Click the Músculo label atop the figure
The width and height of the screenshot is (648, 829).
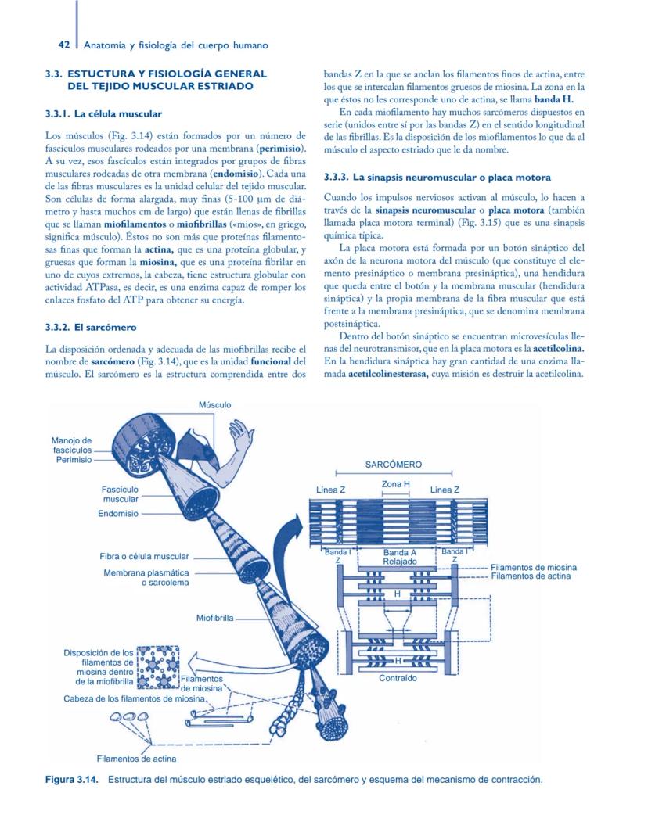point(214,404)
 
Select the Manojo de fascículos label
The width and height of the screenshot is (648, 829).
point(72,445)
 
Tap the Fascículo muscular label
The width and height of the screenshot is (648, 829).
point(120,493)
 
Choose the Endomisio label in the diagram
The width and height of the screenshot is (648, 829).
point(118,514)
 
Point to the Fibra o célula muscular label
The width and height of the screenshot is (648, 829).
point(144,556)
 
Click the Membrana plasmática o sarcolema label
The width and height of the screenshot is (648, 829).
point(146,578)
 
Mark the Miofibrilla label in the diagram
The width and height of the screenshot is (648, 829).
point(214,618)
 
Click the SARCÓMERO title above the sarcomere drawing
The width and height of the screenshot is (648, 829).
point(394,465)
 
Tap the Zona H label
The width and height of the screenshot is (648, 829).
point(395,485)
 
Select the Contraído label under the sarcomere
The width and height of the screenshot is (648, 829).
point(398,678)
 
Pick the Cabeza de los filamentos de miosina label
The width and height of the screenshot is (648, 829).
point(135,698)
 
